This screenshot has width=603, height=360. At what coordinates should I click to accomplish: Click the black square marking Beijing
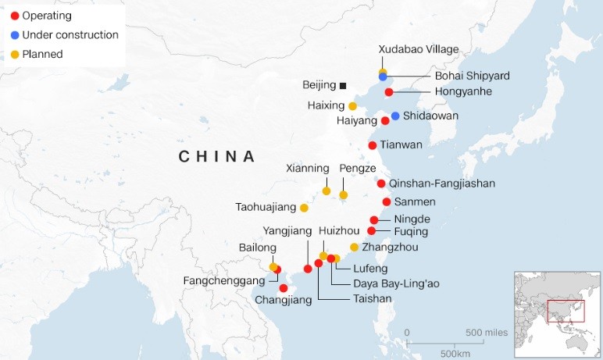click(343, 84)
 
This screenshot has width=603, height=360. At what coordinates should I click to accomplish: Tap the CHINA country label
click(217, 156)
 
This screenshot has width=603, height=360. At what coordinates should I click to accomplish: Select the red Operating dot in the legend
click(13, 16)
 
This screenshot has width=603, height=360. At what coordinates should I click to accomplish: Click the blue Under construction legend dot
click(13, 35)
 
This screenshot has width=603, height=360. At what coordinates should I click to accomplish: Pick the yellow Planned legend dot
click(13, 55)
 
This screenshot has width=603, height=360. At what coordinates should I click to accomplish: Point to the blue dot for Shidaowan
click(395, 116)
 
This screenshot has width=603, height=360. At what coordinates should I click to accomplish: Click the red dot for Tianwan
click(373, 145)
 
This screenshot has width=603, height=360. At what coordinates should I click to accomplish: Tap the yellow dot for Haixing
click(352, 106)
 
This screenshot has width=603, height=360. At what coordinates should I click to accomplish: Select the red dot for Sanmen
click(386, 201)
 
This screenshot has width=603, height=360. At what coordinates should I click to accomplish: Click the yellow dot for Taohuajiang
click(304, 208)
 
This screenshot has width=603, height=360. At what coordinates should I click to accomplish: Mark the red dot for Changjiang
click(283, 288)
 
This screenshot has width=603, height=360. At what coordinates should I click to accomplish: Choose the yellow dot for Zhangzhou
click(354, 248)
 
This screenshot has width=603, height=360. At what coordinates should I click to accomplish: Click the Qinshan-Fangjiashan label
click(441, 184)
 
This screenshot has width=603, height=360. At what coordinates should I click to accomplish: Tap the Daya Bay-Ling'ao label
click(396, 283)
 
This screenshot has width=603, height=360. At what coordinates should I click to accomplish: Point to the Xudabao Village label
click(419, 49)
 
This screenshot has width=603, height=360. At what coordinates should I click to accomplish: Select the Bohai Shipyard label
click(472, 76)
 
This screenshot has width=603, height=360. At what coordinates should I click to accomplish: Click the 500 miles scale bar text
click(487, 333)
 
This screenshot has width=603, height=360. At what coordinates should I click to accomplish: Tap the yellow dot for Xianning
click(326, 191)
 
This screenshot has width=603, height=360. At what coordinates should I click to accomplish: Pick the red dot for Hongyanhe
click(389, 92)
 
